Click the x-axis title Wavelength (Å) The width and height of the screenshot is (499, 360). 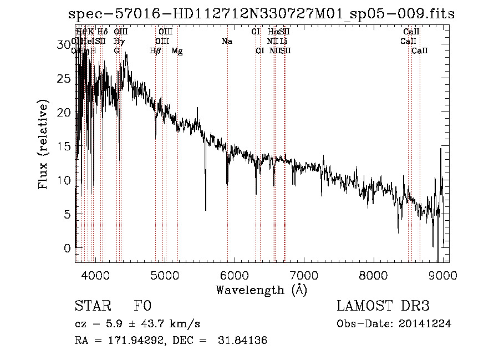pos(261,290)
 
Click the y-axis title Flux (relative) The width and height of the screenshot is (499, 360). pos(43,145)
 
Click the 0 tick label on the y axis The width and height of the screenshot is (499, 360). pos(68,248)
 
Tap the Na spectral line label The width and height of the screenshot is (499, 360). pos(227,42)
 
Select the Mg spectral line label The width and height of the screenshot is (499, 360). pos(177,51)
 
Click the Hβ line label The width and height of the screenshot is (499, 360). pos(156,51)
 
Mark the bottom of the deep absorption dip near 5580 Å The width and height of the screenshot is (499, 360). pos(206,210)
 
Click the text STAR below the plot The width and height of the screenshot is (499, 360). pos(89,306)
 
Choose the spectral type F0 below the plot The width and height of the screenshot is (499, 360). pos(142,306)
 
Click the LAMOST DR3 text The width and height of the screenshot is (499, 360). pos(383,306)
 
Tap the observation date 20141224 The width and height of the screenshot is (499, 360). pos(425,324)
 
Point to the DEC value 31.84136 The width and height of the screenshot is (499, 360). pos(243,341)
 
